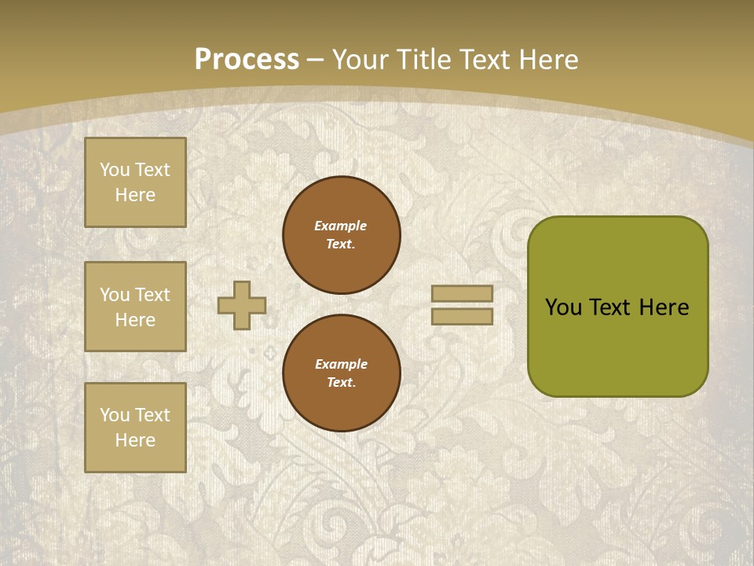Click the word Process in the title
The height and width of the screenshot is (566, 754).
tap(247, 60)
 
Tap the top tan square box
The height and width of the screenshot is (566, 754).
tap(135, 182)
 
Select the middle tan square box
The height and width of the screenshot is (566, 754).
tap(135, 307)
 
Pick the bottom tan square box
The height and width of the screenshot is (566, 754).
tap(135, 428)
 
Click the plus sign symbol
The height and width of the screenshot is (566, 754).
tap(242, 305)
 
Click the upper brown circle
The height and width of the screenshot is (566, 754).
tap(342, 235)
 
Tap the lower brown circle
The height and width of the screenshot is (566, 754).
tap(342, 373)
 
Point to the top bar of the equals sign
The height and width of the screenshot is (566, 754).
tap(463, 293)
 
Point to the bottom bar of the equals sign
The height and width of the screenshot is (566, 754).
tap(463, 317)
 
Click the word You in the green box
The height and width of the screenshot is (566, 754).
tap(563, 307)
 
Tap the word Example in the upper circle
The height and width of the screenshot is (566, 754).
tap(341, 226)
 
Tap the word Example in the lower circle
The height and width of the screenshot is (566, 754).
tap(342, 364)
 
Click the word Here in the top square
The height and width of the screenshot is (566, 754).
tap(135, 195)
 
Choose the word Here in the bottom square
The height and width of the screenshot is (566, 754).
tap(135, 440)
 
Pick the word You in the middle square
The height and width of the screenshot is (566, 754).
tap(114, 295)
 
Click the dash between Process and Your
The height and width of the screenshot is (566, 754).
tap(316, 60)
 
